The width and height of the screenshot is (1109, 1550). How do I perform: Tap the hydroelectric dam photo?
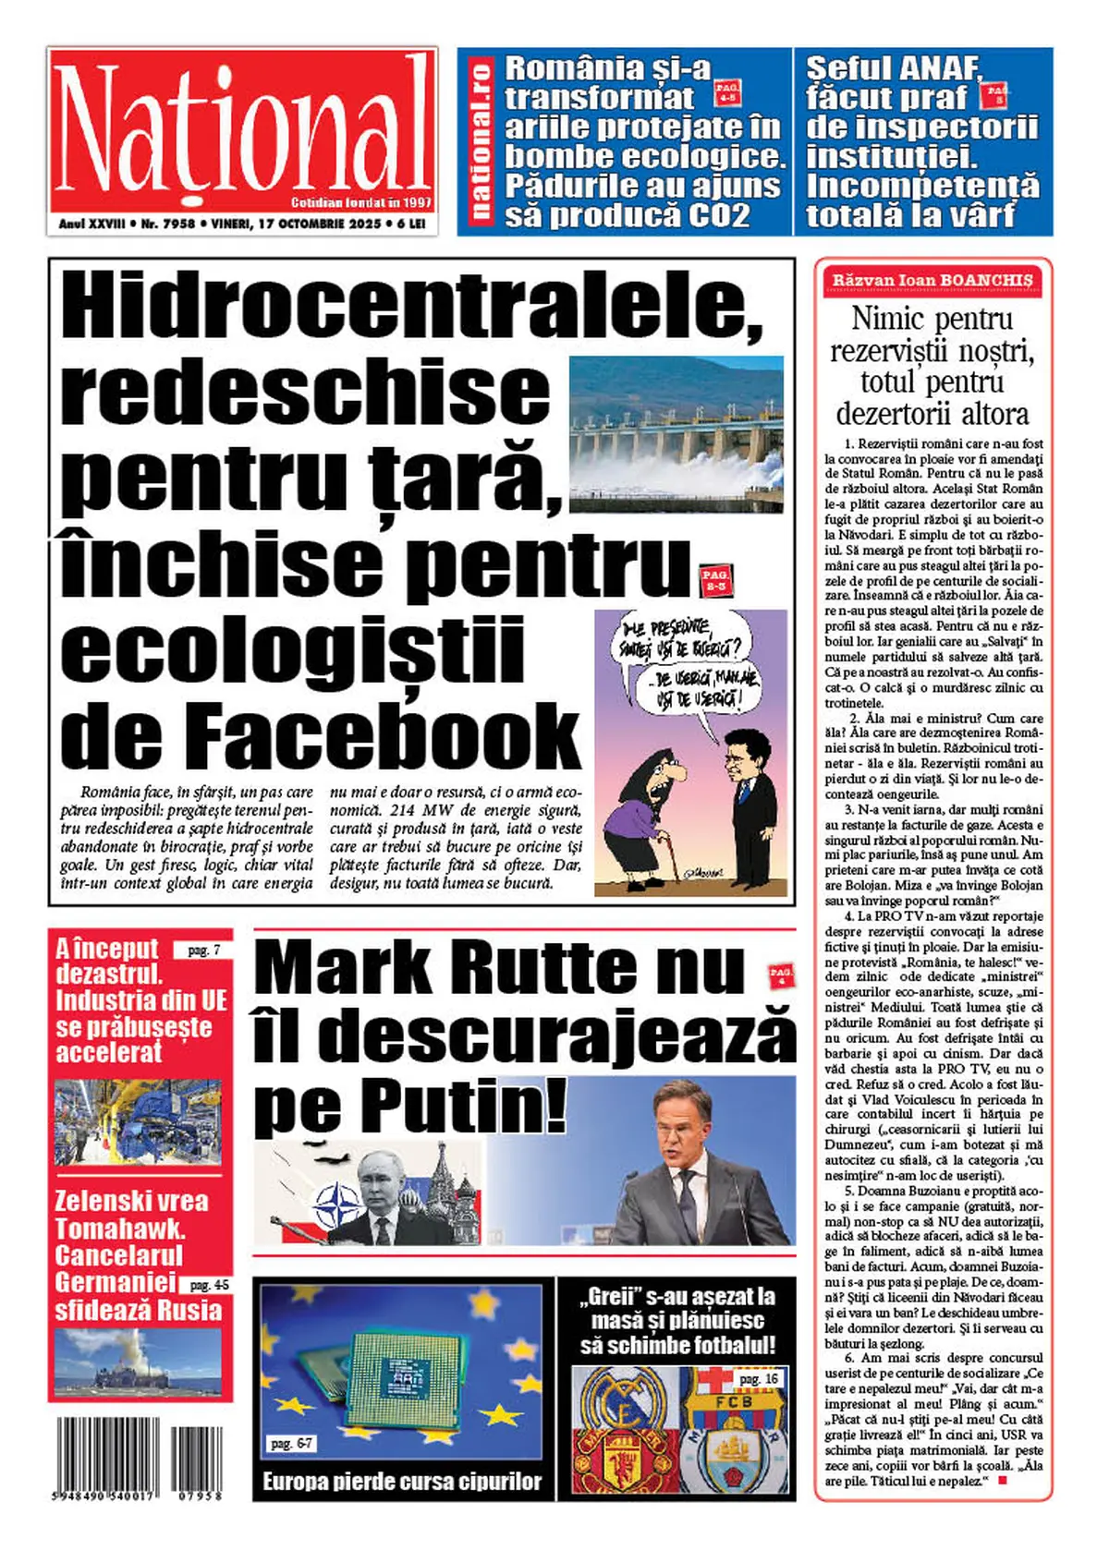click(676, 433)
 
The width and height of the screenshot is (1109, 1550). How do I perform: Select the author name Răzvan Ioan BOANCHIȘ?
click(932, 280)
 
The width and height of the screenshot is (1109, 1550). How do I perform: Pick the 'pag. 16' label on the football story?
click(758, 1379)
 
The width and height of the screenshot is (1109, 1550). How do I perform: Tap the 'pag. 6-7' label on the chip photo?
click(291, 1443)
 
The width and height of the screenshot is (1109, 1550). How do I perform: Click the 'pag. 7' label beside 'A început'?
click(203, 950)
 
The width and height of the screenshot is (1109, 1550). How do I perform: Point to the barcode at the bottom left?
click(139, 1459)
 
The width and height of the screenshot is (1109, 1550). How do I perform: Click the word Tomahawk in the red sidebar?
click(120, 1229)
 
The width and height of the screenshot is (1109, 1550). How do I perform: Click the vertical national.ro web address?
click(481, 140)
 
